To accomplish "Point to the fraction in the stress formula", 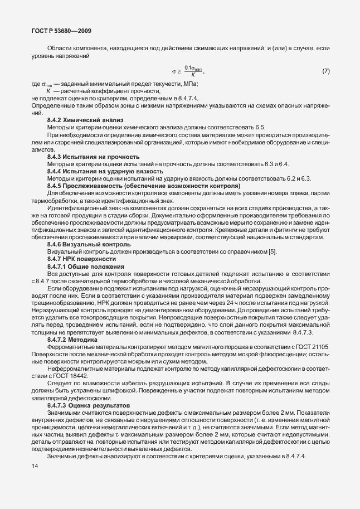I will coord(192,71).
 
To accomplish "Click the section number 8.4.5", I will coord(55,185).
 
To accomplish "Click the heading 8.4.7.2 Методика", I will coord(72,339).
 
